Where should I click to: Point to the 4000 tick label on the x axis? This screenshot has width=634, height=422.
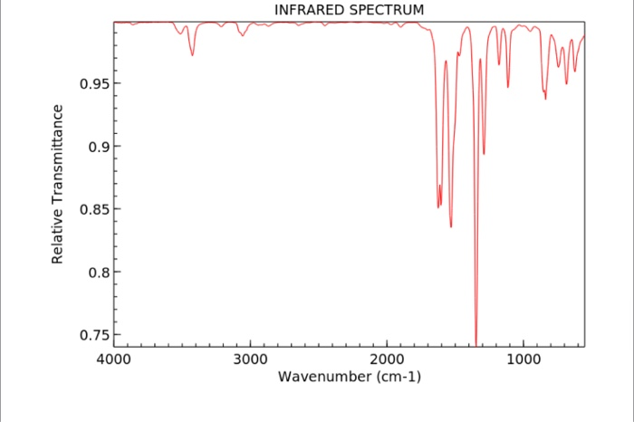[114, 360]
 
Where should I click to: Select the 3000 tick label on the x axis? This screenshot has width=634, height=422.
[250, 360]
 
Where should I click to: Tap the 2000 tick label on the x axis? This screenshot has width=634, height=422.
[387, 360]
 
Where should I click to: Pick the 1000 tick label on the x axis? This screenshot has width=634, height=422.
[523, 360]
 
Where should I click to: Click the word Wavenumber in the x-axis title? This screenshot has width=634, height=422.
[324, 376]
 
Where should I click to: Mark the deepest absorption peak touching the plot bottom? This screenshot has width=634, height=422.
[476, 343]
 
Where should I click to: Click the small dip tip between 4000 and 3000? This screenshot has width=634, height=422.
[192, 55]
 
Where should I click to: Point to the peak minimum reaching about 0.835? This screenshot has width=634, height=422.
[451, 226]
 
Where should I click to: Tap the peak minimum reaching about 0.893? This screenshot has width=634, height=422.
[485, 154]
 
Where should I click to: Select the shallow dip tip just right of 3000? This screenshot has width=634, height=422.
[243, 35]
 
